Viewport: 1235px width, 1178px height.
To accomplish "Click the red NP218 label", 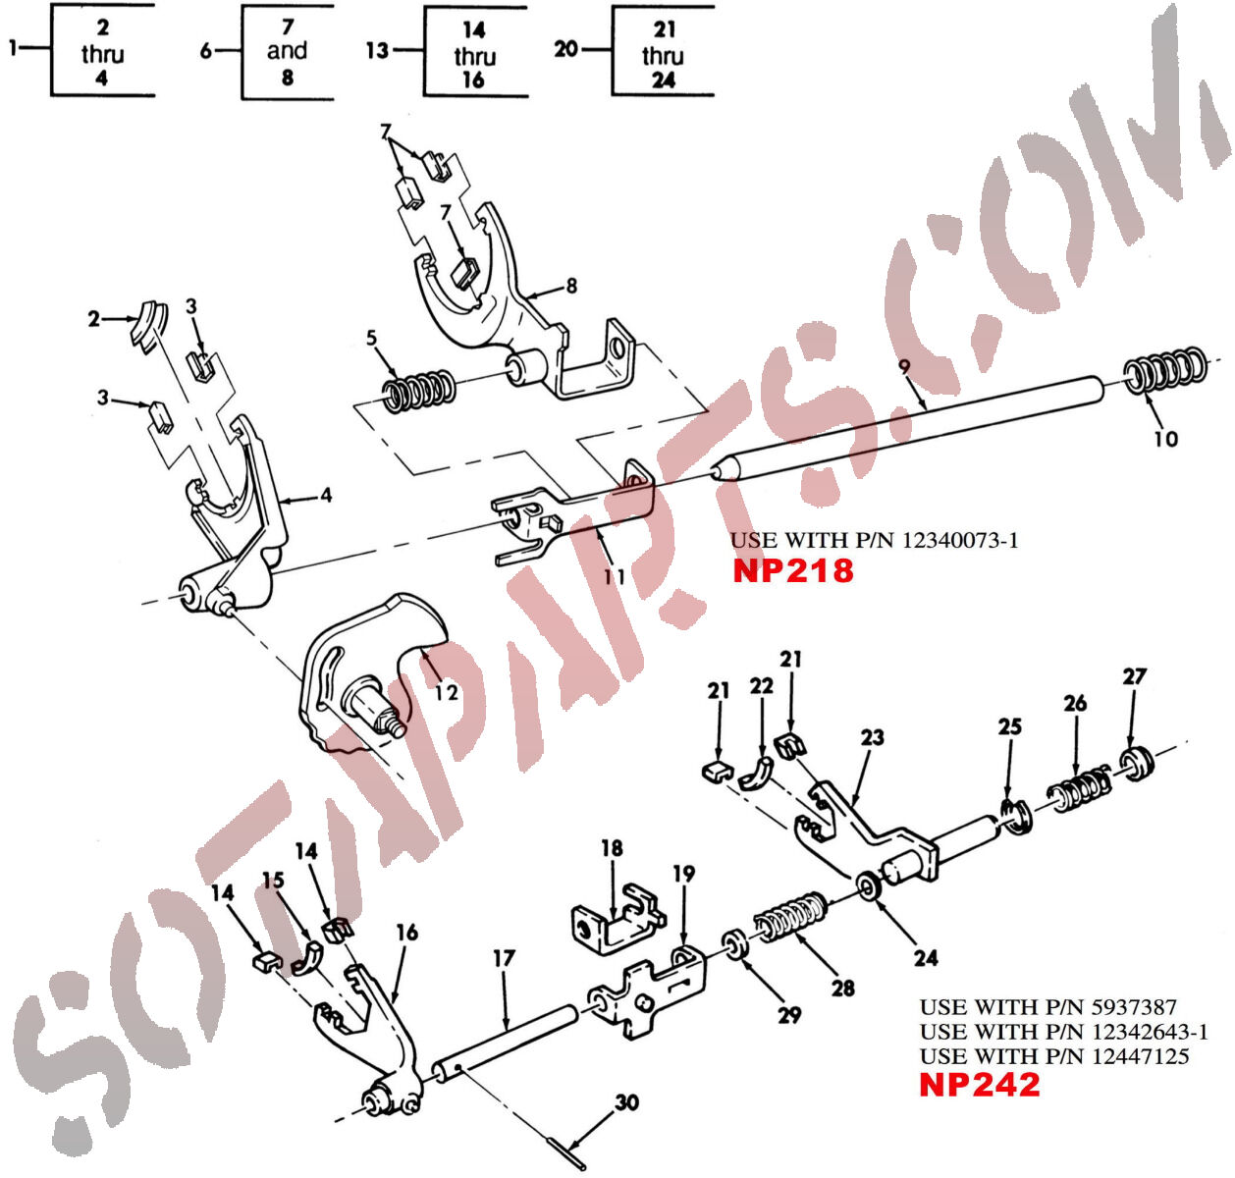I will coord(793,570).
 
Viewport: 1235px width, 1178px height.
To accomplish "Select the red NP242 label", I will coord(979,1085).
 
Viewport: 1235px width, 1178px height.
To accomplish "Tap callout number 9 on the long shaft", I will coord(904,366).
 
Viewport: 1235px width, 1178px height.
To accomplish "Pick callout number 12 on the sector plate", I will coord(446,692).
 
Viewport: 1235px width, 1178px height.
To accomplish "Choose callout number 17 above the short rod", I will coord(504,958).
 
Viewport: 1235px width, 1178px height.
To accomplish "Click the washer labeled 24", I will coord(869,886).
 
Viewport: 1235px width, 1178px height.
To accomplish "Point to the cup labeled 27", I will coord(1137,763).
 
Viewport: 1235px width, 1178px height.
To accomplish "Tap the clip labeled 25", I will coord(1015,817).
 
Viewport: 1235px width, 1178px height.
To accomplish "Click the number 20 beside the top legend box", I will coord(566,48).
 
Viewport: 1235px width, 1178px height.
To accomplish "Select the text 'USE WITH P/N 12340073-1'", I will coord(874,540).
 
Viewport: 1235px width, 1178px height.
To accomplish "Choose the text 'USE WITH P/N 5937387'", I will coord(1047,1007).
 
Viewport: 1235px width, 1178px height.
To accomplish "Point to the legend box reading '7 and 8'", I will coord(287,51).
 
